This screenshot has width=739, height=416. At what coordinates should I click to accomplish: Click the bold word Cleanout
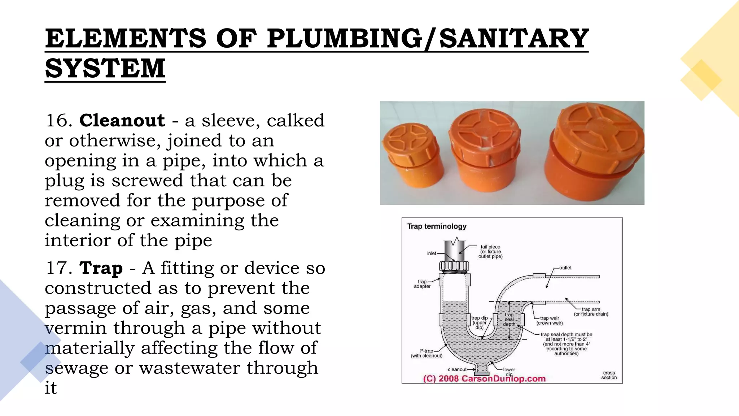(122, 120)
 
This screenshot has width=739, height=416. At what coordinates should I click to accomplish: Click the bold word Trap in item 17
(101, 268)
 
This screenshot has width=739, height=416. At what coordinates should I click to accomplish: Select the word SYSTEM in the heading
(105, 68)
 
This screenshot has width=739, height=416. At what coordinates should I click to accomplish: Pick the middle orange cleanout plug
(486, 151)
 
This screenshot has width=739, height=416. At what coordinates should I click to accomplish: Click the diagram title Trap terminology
(437, 226)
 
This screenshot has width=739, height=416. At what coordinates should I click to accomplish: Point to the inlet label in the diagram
(432, 253)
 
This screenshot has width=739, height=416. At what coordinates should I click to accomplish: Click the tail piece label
(490, 252)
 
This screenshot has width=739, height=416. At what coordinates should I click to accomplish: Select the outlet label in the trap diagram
(565, 268)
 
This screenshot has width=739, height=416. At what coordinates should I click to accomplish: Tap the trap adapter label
(422, 284)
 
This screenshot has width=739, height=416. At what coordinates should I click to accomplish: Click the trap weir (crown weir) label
(549, 321)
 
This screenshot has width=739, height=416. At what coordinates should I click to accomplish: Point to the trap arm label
(591, 312)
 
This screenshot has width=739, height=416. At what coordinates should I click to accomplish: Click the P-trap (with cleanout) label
(427, 353)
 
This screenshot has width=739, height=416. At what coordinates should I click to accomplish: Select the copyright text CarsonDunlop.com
(484, 379)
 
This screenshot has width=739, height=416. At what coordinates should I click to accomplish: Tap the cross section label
(609, 375)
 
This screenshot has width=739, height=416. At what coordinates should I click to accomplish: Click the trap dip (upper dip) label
(479, 322)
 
